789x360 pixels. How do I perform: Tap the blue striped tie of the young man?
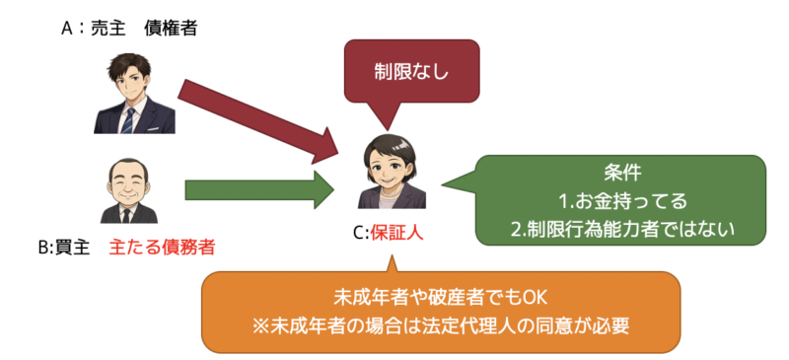[128, 118]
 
